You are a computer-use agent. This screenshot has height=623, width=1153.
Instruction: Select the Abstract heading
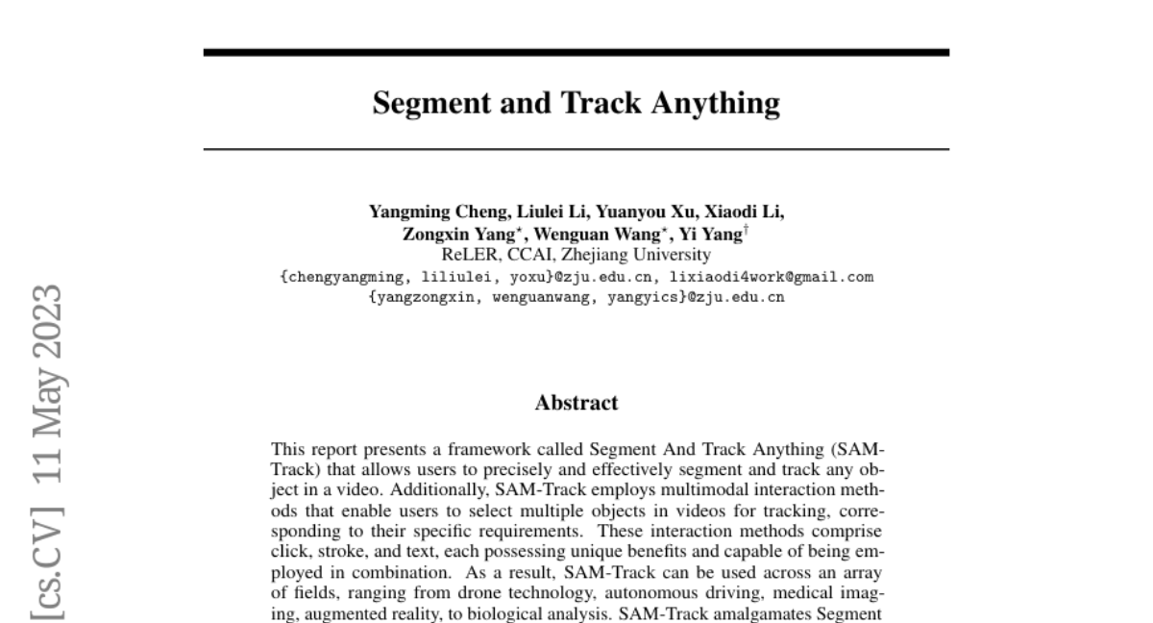click(x=576, y=403)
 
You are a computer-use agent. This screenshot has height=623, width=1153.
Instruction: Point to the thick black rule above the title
click(x=576, y=52)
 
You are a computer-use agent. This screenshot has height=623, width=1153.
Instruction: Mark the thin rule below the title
click(x=576, y=149)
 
